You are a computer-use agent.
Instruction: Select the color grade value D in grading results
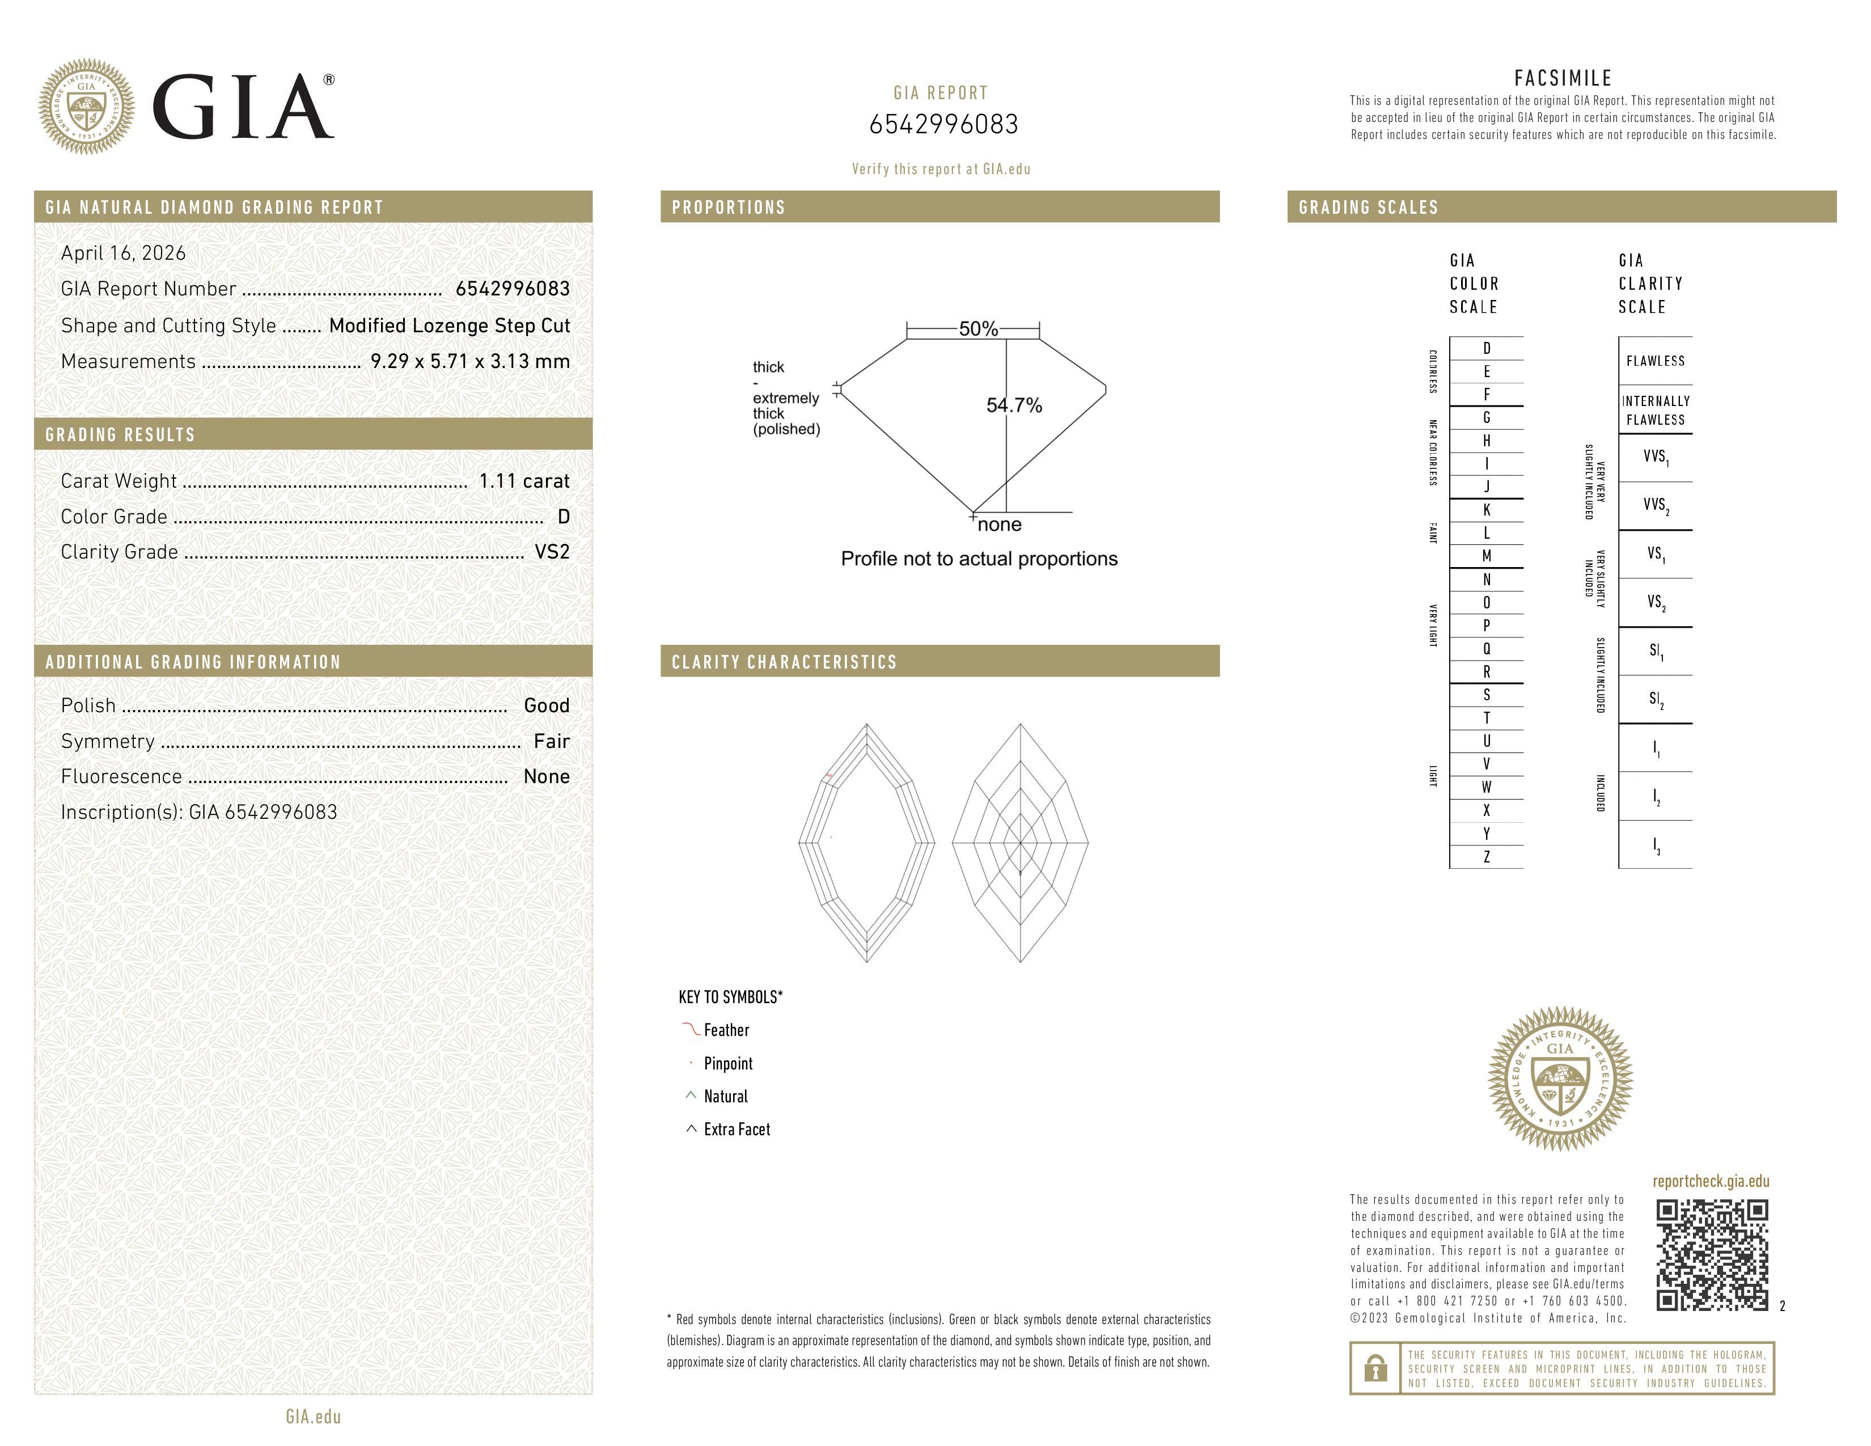pyautogui.click(x=564, y=517)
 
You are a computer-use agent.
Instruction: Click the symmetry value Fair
pyautogui.click(x=552, y=741)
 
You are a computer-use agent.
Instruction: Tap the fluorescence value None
pyautogui.click(x=547, y=776)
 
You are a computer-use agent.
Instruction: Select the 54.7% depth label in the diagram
pyautogui.click(x=1014, y=405)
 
